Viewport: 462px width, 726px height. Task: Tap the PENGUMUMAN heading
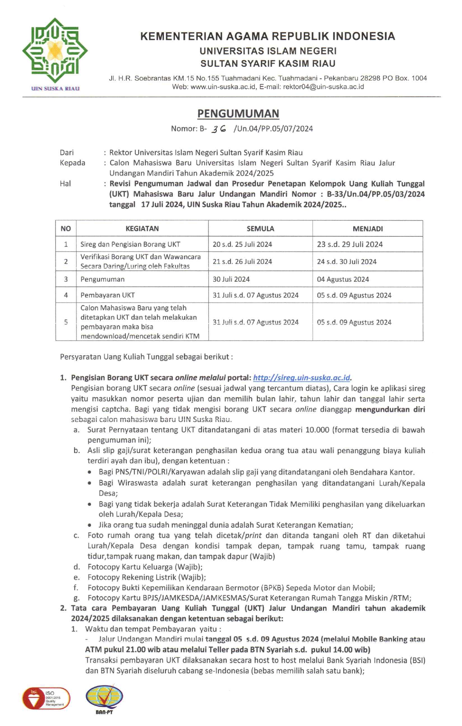[238, 114]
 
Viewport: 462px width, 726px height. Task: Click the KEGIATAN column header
[142, 229]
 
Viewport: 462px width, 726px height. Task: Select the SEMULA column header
[260, 229]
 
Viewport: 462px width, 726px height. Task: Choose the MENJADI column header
[367, 229]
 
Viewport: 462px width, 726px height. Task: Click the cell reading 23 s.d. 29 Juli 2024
[349, 244]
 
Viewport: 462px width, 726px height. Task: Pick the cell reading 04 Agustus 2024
[343, 280]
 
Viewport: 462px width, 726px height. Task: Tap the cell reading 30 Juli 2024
[231, 280]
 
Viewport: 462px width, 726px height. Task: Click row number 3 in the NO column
[66, 279]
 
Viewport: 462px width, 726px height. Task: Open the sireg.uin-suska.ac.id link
[301, 378]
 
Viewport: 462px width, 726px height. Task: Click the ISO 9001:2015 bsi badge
[46, 698]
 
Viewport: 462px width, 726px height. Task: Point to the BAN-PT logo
[104, 698]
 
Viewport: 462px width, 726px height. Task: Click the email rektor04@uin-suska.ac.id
[323, 87]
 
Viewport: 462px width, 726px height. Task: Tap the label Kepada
[72, 163]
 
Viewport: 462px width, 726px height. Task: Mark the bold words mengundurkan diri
[390, 409]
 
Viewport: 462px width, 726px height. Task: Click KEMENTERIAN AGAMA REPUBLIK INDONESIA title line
[268, 36]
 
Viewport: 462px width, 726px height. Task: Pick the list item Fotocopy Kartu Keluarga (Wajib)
[145, 567]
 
